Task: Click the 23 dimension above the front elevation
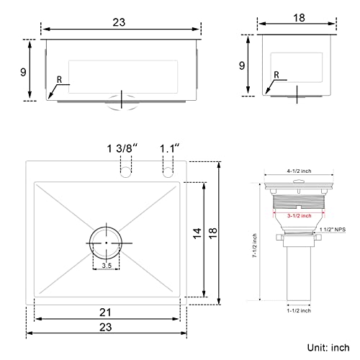[120, 22]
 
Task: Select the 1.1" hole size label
[170, 148]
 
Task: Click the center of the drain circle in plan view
[106, 243]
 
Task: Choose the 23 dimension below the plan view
[105, 335]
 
